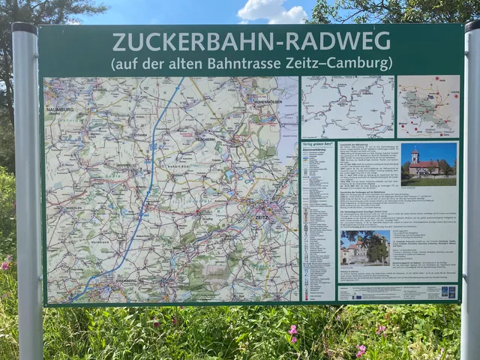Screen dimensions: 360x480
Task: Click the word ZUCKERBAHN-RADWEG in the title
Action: tap(250, 40)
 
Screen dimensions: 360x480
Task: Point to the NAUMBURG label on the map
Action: tap(60, 109)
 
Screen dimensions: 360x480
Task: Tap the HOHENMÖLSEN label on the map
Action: tap(267, 100)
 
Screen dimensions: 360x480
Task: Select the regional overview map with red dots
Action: tap(428, 106)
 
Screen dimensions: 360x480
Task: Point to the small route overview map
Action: tap(347, 106)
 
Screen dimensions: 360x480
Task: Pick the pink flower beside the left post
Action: tap(6, 264)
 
